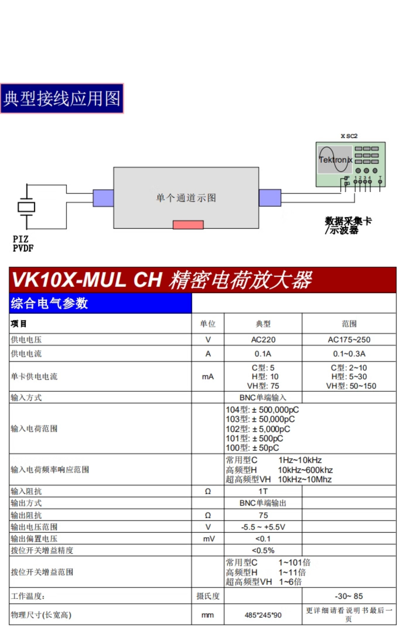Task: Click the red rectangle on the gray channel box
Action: [188, 225]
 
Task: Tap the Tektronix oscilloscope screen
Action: [335, 159]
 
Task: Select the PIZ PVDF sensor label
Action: [23, 243]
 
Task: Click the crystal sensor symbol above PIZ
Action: [26, 207]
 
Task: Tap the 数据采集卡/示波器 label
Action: [348, 225]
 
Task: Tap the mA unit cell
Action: [208, 377]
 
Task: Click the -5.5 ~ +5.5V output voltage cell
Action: [263, 527]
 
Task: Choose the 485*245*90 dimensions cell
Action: [263, 615]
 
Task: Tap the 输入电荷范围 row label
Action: [34, 428]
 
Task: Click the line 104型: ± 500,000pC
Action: [262, 410]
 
